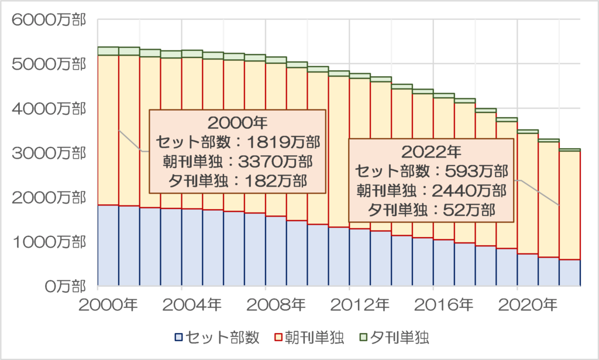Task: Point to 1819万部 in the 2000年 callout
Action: (x=281, y=142)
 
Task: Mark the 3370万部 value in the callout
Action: (x=281, y=161)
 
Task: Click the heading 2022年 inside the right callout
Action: (x=432, y=153)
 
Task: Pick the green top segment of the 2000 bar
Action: (x=108, y=51)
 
